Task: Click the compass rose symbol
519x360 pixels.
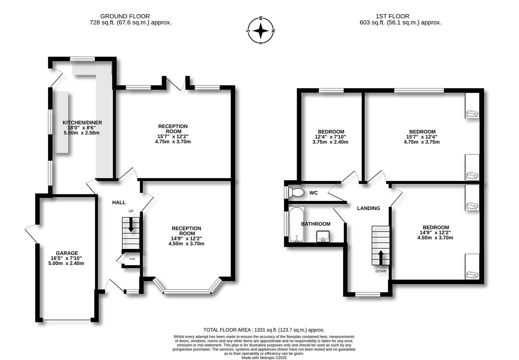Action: point(261,31)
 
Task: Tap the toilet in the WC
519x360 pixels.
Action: point(296,192)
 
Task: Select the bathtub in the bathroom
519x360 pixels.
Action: point(296,224)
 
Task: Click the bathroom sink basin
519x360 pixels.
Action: point(323,236)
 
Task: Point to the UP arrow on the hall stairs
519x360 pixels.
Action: point(131,224)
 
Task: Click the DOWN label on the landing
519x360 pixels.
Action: point(381,271)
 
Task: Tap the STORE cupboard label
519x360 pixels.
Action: point(132,259)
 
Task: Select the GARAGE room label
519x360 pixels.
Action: point(67,253)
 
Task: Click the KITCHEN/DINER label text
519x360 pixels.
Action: point(82,123)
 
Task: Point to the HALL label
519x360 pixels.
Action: point(119,202)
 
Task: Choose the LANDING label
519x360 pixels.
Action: point(368,208)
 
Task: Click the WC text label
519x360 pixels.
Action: point(313,193)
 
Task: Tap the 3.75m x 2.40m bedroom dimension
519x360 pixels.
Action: point(330,142)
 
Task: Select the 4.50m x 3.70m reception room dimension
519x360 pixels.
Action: point(186,244)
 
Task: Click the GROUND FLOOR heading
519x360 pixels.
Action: point(125,16)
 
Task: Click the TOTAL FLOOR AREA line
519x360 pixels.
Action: point(264,330)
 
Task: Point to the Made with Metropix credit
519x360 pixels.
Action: point(264,358)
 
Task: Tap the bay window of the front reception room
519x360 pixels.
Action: point(187,291)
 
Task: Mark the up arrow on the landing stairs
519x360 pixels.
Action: point(381,257)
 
